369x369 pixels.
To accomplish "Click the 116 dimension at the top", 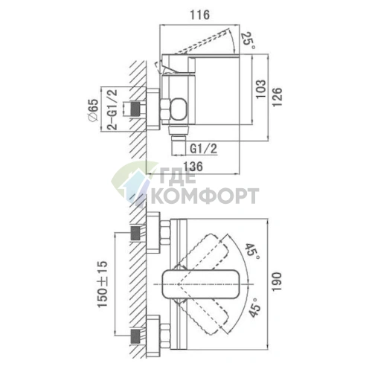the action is coord(199,15).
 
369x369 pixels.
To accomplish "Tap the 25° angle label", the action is coord(246,40).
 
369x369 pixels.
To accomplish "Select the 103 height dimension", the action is coord(261,89).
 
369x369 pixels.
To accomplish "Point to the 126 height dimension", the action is coord(277,97).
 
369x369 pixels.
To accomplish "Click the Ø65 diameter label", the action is coord(94,110).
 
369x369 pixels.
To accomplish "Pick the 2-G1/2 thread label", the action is coord(112,109).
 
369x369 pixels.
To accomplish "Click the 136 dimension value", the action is coord(193,167).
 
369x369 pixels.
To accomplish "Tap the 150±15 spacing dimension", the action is coord(103,284).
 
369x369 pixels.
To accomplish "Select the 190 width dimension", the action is coord(277,281).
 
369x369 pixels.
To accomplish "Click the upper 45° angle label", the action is coord(252,251).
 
